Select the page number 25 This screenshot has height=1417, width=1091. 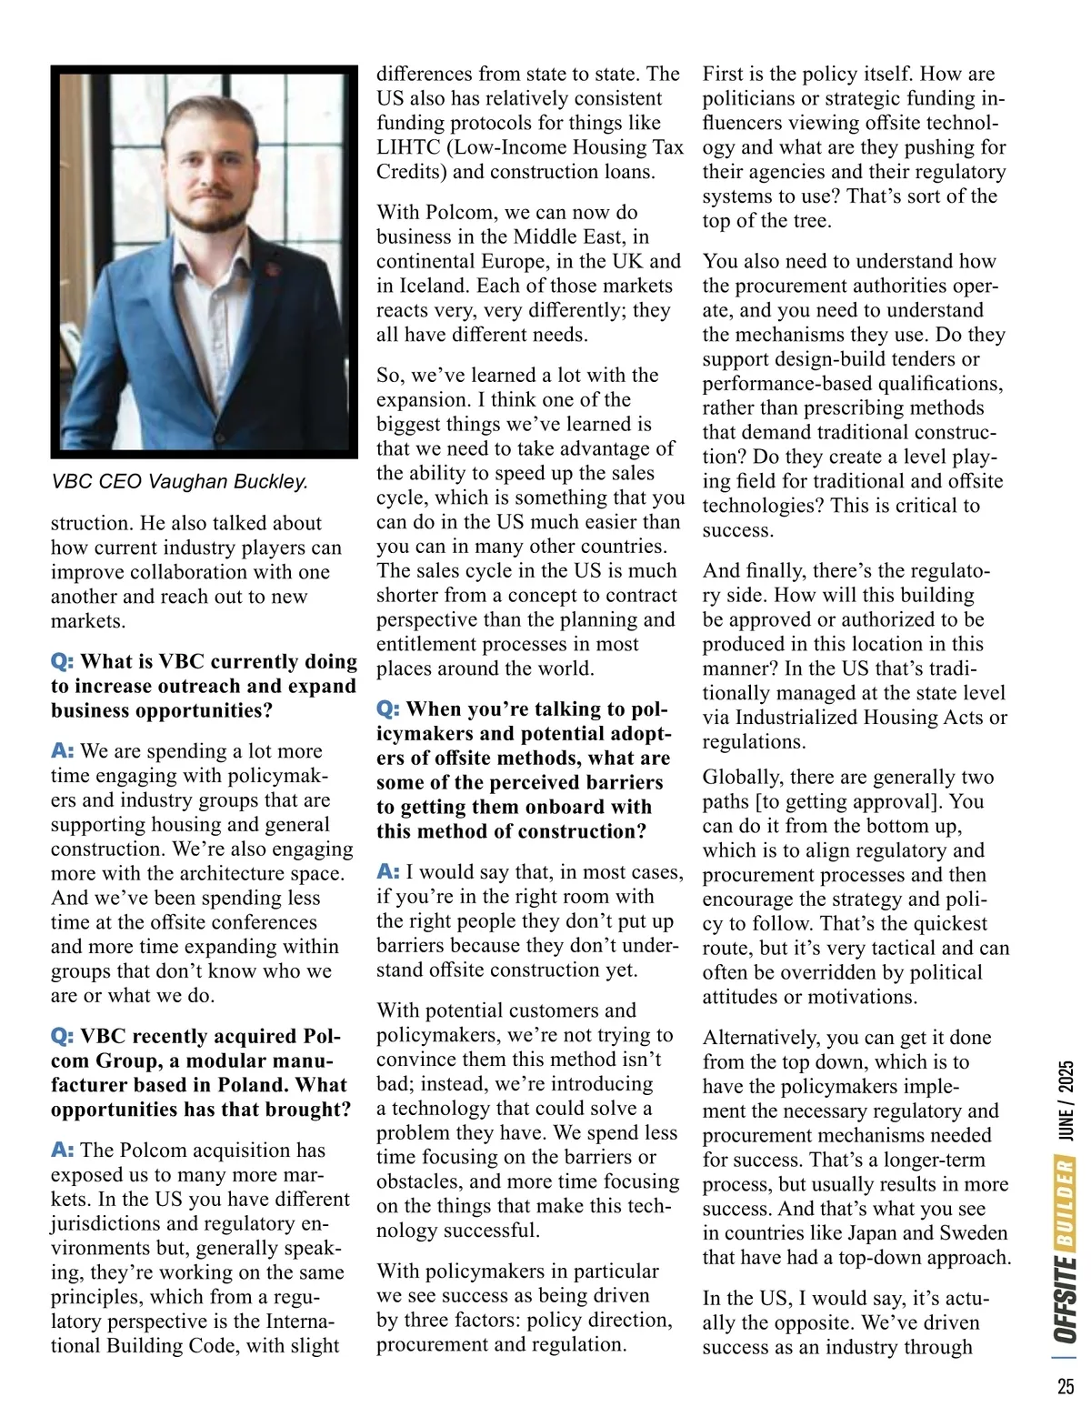click(x=1066, y=1387)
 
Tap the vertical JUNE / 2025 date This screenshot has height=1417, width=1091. click(x=1066, y=1100)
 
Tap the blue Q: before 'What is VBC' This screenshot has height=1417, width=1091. click(x=62, y=661)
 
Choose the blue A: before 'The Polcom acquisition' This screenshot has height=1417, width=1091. click(x=62, y=1150)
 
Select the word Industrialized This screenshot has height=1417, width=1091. click(x=806, y=718)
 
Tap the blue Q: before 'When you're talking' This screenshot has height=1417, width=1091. click(x=388, y=708)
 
